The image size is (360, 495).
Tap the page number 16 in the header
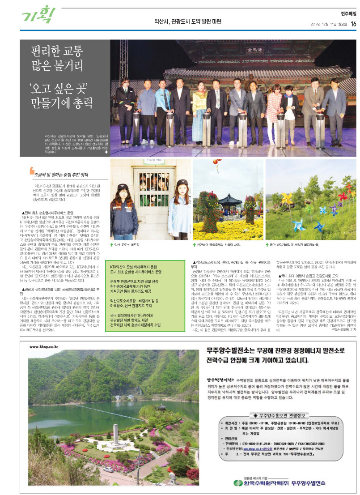352,24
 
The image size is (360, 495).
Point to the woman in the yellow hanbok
198,112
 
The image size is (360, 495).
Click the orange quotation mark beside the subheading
31,170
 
